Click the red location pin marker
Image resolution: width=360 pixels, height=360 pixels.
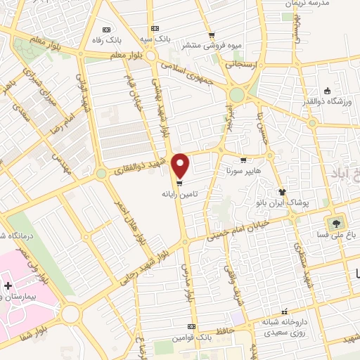click(x=181, y=166)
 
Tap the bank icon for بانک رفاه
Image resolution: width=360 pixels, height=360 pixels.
click(x=106, y=30)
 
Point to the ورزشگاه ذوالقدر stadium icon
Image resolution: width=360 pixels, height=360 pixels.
click(x=326, y=90)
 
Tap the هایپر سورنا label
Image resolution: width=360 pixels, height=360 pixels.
click(x=224, y=171)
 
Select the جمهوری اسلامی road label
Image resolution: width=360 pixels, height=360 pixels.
click(x=190, y=72)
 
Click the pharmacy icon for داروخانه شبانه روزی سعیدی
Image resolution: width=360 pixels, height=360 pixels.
click(x=284, y=312)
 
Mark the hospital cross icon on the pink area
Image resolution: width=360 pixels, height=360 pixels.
click(x=8, y=286)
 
